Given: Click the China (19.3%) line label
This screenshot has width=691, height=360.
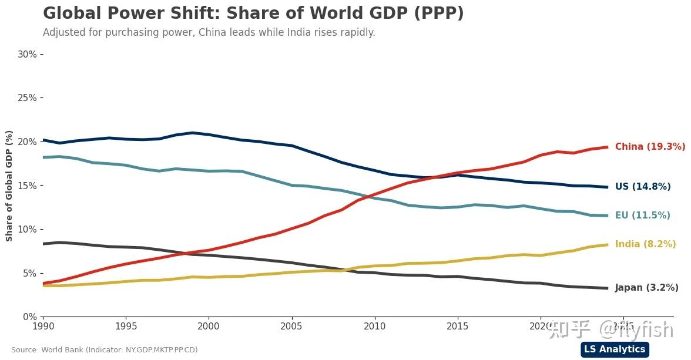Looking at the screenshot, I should [650, 147].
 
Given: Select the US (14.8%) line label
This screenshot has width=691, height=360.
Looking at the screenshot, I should [643, 187].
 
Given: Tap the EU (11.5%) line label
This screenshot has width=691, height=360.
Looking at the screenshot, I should [642, 216].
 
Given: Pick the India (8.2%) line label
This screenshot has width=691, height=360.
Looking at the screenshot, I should [645, 244].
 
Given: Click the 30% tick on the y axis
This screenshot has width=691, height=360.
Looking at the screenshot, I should [28, 54].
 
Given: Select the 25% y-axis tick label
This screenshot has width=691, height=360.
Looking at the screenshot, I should [28, 97].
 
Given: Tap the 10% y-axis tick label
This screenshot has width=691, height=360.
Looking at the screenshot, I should [28, 229].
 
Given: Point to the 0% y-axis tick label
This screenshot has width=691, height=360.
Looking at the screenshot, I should [30, 317].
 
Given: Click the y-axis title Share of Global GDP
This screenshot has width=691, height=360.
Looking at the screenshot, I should [9, 186].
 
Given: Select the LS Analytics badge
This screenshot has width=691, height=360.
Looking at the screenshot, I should [614, 349].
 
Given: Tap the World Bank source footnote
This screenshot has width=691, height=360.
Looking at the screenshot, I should [105, 350].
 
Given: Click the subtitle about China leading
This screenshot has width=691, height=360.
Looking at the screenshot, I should [209, 32].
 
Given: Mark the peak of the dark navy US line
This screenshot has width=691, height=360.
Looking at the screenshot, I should [192, 133].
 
